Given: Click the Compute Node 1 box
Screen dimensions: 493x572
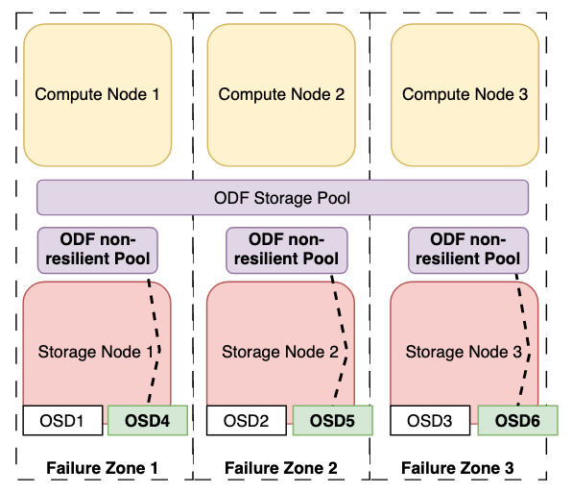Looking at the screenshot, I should click(97, 93).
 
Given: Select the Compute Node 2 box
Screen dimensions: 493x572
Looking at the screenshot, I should click(281, 93).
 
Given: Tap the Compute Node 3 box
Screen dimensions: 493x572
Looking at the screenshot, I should click(465, 93).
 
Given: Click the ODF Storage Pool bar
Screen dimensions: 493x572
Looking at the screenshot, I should click(282, 198).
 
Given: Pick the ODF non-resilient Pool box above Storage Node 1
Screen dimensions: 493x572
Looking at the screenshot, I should click(97, 248).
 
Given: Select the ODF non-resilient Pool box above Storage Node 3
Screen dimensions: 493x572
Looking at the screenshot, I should click(465, 248).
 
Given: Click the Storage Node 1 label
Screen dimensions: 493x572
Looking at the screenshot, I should click(95, 352).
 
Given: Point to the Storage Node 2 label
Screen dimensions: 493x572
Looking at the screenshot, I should click(279, 352).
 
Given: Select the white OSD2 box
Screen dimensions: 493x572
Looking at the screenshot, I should click(246, 419).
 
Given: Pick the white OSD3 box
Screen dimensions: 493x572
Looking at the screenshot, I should click(429, 419).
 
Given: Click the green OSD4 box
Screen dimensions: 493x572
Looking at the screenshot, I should click(147, 419).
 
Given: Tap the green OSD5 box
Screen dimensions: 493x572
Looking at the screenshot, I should click(331, 419).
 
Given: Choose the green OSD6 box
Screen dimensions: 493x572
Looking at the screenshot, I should click(515, 419).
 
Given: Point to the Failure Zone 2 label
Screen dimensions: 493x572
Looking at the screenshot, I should click(281, 468).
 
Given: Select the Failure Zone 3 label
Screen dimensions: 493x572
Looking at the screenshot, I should click(457, 468).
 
